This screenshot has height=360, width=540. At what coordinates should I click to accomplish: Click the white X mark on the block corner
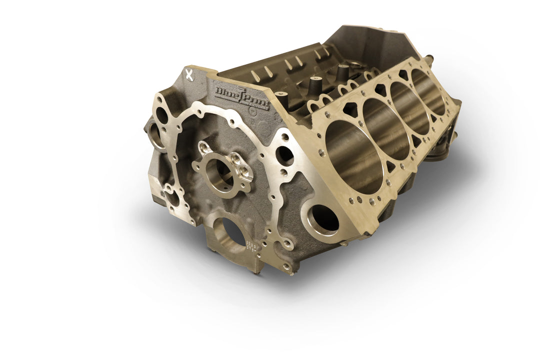coord(189,75)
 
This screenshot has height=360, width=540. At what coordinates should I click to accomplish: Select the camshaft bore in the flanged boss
coord(219,174)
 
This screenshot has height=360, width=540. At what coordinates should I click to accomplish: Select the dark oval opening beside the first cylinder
coord(285,155)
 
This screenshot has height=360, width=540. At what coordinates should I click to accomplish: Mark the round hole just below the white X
coord(161,115)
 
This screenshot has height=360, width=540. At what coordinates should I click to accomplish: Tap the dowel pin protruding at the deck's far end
coord(428,58)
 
